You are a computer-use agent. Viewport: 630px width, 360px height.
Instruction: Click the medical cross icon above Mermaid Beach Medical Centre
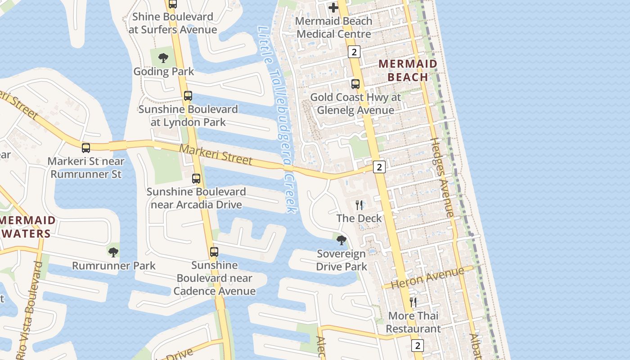pyautogui.click(x=333, y=8)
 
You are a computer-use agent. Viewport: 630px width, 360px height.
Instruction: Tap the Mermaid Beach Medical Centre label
pyautogui.click(x=334, y=27)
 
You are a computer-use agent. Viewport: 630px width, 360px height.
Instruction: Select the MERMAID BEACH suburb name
pyautogui.click(x=408, y=70)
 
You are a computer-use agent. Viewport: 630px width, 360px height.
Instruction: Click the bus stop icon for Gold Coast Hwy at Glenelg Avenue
pyautogui.click(x=355, y=84)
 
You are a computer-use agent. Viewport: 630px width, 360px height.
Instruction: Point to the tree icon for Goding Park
pyautogui.click(x=163, y=58)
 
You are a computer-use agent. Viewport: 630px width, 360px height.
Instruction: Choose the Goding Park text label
pyautogui.click(x=164, y=72)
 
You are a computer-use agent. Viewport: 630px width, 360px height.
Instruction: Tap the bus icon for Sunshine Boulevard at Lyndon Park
pyautogui.click(x=188, y=96)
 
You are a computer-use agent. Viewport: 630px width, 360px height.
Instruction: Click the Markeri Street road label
pyautogui.click(x=216, y=154)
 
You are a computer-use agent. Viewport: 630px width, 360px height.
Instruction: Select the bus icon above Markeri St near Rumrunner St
pyautogui.click(x=86, y=148)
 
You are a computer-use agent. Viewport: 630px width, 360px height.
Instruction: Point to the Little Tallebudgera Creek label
pyautogui.click(x=279, y=119)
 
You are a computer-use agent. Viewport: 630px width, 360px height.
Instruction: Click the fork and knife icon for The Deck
pyautogui.click(x=359, y=205)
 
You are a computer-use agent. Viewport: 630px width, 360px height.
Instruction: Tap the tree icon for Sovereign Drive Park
pyautogui.click(x=342, y=240)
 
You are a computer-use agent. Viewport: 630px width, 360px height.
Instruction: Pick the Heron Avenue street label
pyautogui.click(x=427, y=278)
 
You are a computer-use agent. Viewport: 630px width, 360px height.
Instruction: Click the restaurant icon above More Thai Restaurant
pyautogui.click(x=413, y=302)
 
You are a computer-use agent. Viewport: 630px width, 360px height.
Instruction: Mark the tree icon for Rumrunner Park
pyautogui.click(x=113, y=252)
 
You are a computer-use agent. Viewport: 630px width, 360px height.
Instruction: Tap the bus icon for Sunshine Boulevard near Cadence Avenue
pyautogui.click(x=214, y=252)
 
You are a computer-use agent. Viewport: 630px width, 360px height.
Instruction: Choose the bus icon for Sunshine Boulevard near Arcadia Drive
pyautogui.click(x=196, y=179)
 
